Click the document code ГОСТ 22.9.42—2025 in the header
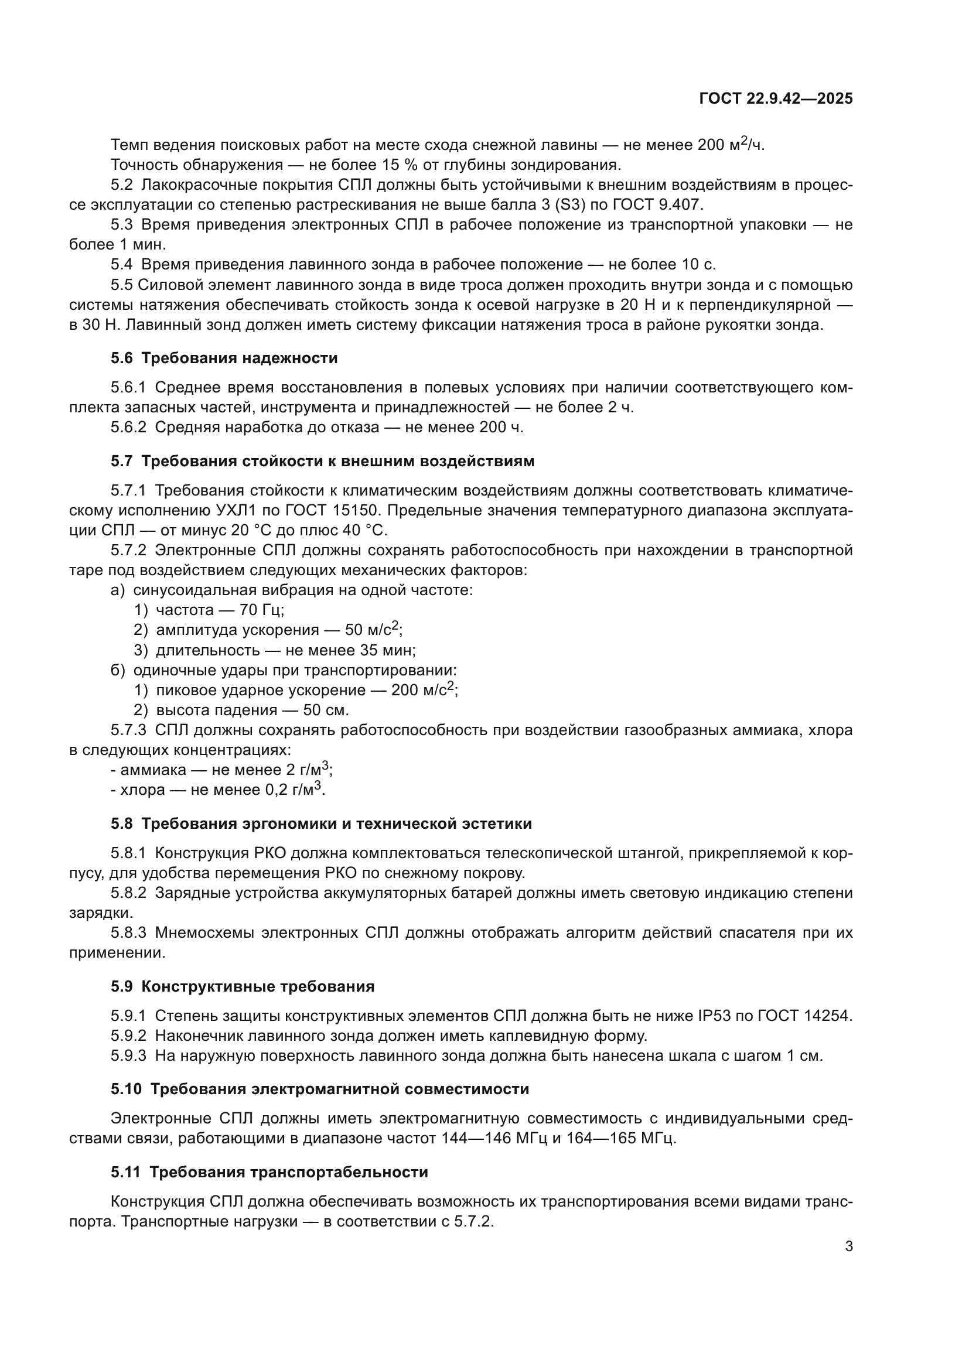[776, 99]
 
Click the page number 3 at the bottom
[848, 1246]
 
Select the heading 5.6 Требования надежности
[224, 358]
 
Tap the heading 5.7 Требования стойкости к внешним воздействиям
[322, 461]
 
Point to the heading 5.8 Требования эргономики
[321, 824]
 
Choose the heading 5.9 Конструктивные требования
[243, 986]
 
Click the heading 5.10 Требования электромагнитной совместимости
[320, 1089]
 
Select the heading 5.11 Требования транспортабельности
[269, 1172]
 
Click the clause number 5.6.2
[128, 427]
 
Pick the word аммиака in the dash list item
[153, 770]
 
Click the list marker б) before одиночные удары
[118, 670]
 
